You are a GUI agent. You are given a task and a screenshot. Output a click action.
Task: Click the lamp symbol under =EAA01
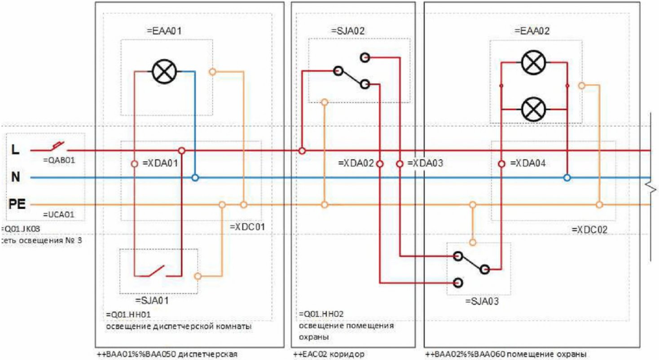pos(165,71)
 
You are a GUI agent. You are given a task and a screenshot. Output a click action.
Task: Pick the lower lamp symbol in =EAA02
pos(533,109)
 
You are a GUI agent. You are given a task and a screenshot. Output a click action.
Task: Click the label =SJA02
pos(347,31)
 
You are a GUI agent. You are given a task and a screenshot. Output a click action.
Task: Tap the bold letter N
pos(16,178)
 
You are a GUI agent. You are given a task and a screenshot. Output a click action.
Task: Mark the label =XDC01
pos(247,227)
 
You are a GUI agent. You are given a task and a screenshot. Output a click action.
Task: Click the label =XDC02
pos(589,229)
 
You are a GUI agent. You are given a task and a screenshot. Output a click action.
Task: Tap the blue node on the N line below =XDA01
pos(195,178)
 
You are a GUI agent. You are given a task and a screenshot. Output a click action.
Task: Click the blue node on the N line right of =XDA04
pos(567,178)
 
